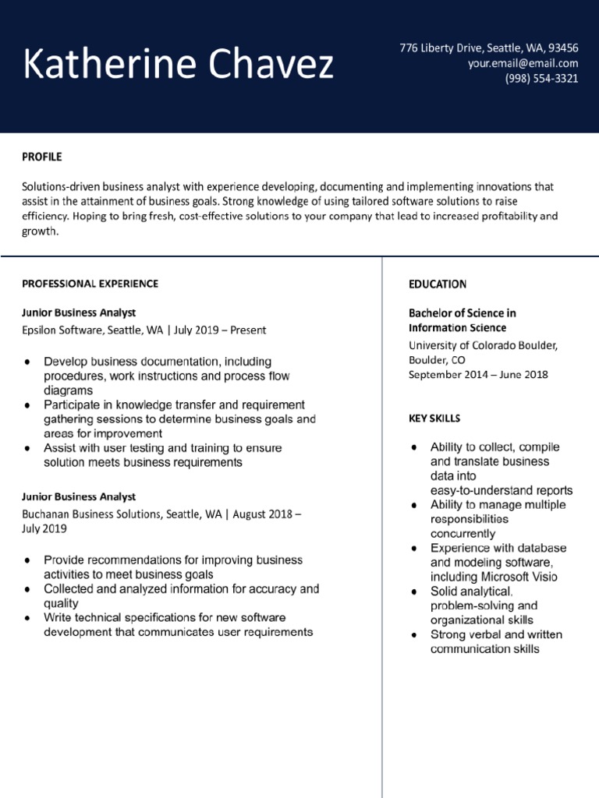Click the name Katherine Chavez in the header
click(179, 65)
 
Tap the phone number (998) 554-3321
click(541, 79)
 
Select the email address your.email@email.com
click(523, 63)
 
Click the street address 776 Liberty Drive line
click(489, 48)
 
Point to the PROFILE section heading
click(41, 157)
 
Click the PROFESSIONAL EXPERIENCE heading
click(90, 284)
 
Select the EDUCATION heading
click(438, 284)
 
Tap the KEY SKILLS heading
click(434, 418)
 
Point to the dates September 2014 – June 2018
click(478, 374)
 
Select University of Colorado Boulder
click(483, 345)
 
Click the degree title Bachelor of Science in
click(463, 312)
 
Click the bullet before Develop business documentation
click(28, 362)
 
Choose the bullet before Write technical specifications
click(28, 618)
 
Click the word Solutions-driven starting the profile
click(60, 187)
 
